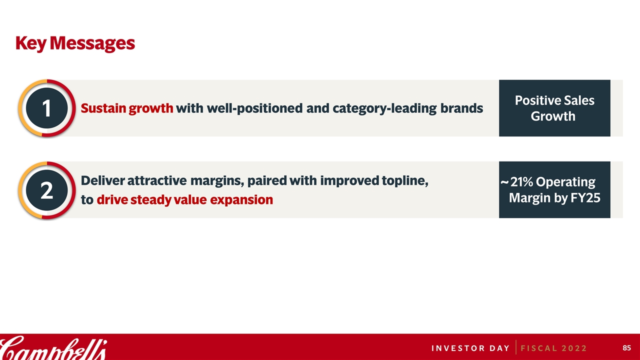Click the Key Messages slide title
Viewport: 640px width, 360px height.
(75, 43)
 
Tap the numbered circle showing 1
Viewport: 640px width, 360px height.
(47, 108)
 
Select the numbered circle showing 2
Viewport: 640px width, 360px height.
(47, 190)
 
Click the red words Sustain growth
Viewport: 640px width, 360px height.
(127, 108)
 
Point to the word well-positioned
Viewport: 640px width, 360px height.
(254, 108)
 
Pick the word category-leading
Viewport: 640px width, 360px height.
(384, 108)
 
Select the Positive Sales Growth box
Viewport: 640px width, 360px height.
(554, 108)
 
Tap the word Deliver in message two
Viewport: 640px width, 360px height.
(103, 180)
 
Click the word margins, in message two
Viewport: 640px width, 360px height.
(217, 181)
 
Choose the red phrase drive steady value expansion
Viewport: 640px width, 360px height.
(185, 199)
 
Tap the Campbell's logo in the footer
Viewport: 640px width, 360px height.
(53, 348)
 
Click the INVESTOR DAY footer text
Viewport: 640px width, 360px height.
(470, 348)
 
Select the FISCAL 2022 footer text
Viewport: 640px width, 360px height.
(553, 348)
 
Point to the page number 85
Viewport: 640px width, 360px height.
(626, 347)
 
